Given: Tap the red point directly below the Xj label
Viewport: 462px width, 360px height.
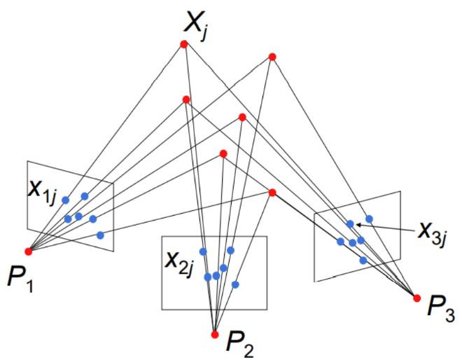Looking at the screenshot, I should (184, 44).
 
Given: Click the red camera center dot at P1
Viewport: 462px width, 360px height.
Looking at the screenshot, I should (28, 251).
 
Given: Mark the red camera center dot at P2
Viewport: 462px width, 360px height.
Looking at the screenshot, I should (215, 334).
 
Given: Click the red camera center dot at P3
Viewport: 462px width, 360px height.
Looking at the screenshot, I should (417, 298).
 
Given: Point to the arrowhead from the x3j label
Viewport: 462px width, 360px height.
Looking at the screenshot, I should (357, 224).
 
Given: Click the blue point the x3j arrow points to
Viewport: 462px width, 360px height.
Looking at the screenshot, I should (350, 224).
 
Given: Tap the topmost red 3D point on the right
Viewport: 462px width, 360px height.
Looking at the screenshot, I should (272, 57).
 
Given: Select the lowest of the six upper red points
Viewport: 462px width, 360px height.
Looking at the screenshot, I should (272, 193).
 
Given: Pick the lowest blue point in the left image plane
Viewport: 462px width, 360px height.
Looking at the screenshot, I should (100, 235).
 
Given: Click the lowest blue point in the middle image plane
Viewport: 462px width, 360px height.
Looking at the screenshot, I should (235, 284).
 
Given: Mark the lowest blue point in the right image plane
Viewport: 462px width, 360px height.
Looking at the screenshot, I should (363, 260).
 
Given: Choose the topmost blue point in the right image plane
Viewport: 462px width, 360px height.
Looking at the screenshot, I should (369, 219).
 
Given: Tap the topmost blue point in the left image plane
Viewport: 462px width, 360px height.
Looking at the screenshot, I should (85, 196).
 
